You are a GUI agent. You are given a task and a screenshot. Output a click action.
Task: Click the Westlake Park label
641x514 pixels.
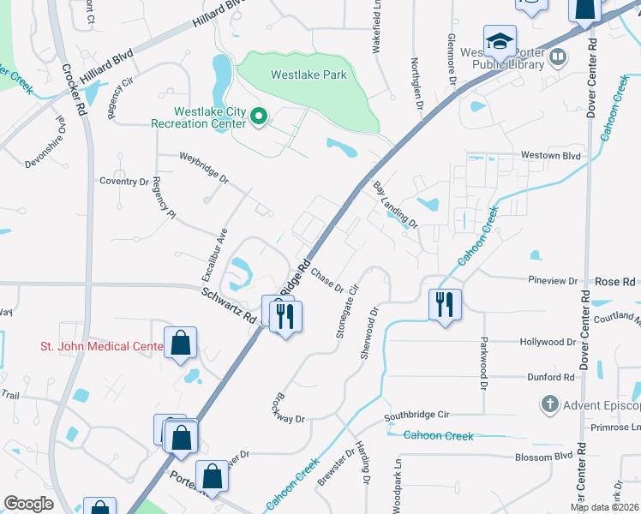coord(309,75)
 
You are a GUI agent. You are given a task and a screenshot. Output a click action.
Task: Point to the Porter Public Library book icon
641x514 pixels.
coord(559,57)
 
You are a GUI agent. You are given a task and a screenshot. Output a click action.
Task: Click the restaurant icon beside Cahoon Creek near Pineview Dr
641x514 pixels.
coord(445,304)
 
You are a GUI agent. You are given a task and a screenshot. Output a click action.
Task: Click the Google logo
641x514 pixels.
coord(28,504)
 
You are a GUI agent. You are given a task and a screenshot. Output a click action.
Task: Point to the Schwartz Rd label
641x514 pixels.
coord(229,305)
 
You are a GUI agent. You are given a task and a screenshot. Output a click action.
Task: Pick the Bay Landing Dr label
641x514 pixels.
coord(394,205)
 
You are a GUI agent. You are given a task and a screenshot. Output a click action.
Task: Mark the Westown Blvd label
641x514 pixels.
coord(552,156)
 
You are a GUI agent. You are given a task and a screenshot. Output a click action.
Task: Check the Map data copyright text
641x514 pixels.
coord(603,507)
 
